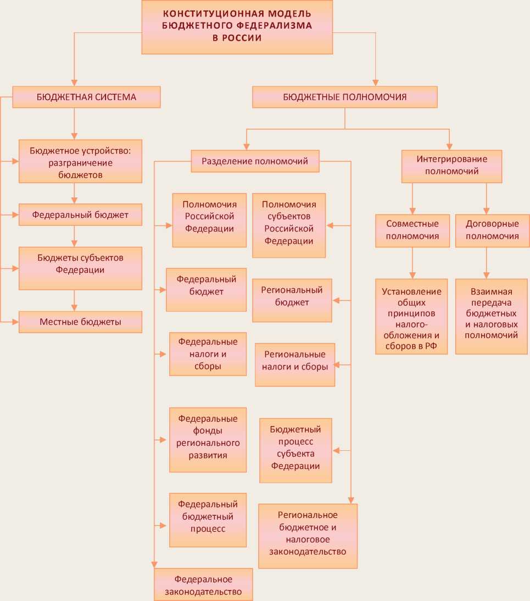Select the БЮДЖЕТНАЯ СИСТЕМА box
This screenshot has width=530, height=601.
(86, 97)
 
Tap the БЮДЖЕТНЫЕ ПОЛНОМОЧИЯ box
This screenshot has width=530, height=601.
(345, 97)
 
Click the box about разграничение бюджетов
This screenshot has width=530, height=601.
(80, 161)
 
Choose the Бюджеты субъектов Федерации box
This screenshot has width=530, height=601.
(80, 268)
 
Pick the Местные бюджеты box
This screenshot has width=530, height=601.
(80, 322)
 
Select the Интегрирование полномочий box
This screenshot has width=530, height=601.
(451, 166)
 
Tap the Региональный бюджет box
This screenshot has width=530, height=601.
(292, 300)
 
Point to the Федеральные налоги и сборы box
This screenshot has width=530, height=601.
(208, 354)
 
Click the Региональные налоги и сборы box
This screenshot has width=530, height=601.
(295, 365)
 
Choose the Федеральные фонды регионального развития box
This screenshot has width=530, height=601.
(208, 439)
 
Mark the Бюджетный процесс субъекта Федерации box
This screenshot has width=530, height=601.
(295, 450)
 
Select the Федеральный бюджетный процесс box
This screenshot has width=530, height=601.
(208, 520)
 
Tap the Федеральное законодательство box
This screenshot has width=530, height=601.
(203, 584)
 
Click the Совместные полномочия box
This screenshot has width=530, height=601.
(412, 230)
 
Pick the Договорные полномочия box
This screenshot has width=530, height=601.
(492, 230)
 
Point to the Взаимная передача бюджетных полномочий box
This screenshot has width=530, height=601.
(492, 316)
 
